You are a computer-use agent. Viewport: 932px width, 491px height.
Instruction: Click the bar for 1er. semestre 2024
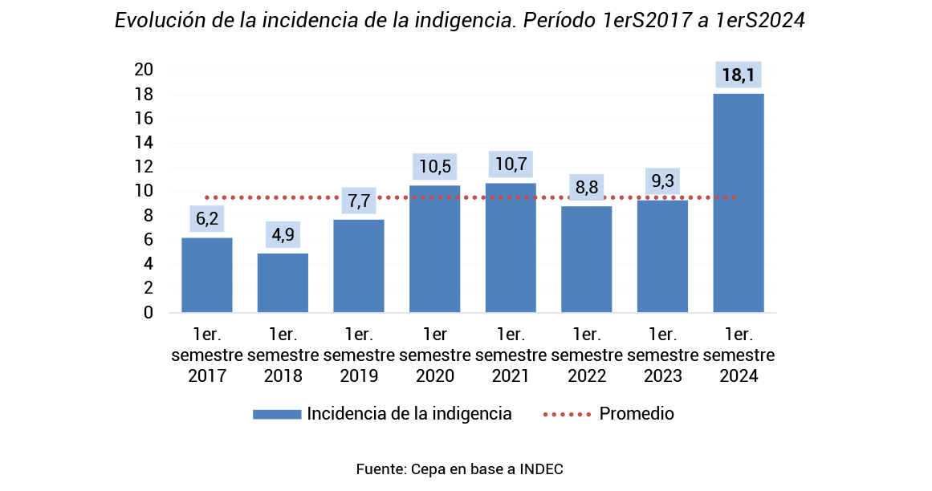738,203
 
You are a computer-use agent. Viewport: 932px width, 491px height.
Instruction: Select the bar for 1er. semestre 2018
283,282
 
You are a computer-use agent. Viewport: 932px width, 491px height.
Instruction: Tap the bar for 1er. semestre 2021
511,247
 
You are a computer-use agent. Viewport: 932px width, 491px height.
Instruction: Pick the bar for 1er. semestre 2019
359,266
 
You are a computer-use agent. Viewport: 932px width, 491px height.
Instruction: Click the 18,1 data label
738,76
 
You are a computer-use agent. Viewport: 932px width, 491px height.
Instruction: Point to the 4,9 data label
283,235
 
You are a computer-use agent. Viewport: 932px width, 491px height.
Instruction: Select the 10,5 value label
434,167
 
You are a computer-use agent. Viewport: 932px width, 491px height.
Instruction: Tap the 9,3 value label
662,181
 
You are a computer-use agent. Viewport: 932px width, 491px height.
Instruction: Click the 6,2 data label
206,218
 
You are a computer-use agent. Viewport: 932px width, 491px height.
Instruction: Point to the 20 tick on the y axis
144,70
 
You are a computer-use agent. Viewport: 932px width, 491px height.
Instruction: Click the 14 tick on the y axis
144,143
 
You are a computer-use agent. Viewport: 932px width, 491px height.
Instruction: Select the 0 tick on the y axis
149,313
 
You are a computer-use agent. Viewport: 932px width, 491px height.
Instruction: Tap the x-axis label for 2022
586,355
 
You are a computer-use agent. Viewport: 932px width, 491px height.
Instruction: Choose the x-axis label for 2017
206,355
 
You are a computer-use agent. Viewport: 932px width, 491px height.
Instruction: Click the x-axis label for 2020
434,355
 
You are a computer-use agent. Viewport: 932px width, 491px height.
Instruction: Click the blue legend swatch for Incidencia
276,414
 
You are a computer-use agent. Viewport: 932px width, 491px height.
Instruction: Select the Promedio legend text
637,414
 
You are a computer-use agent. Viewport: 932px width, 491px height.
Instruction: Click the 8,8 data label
586,188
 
